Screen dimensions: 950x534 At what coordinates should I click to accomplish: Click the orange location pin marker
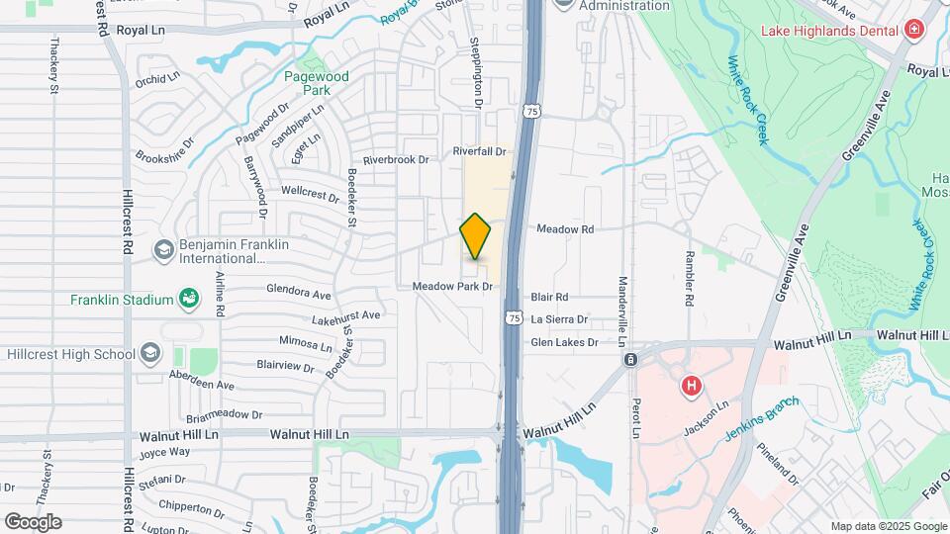(x=476, y=237)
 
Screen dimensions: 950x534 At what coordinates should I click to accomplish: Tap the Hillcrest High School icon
(x=150, y=352)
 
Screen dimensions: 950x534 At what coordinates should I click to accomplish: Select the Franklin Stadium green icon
(x=187, y=299)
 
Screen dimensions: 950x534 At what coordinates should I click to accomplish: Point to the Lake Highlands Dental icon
(x=913, y=30)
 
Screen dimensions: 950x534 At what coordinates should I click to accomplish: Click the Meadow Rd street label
(x=565, y=229)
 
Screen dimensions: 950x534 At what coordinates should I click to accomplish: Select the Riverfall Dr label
(x=479, y=151)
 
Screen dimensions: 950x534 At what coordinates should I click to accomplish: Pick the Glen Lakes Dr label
(x=565, y=343)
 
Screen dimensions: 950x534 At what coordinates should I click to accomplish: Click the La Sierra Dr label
(x=560, y=319)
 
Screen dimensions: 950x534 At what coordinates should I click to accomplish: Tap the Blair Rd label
(x=549, y=297)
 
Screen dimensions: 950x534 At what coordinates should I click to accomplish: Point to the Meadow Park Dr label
(x=453, y=287)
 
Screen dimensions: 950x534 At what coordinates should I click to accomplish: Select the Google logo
(x=33, y=521)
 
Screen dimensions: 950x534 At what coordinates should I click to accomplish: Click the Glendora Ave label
(x=298, y=295)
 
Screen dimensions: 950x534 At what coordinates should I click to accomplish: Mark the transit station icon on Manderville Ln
(x=630, y=360)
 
